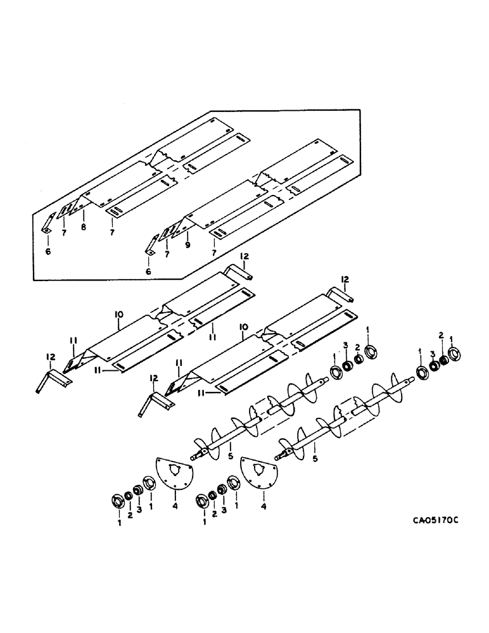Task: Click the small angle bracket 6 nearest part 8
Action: [48, 224]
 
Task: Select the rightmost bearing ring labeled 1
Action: [454, 353]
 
